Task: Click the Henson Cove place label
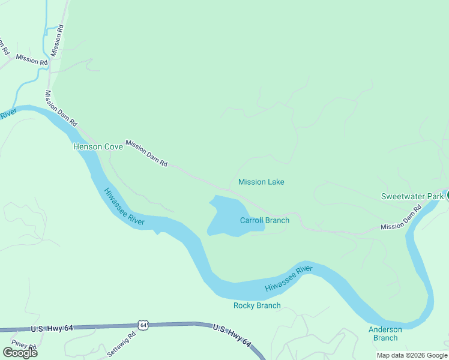98,147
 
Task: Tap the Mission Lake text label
261,182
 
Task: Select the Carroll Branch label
265,220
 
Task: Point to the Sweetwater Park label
412,196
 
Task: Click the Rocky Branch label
257,305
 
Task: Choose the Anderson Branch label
385,334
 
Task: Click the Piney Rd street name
24,346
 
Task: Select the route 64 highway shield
142,325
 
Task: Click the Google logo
20,352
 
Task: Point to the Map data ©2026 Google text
412,355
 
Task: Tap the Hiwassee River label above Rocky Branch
289,280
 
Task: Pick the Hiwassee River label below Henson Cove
124,207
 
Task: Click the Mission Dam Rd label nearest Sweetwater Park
402,219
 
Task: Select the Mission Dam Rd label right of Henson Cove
146,154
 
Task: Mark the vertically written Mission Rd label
57,41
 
